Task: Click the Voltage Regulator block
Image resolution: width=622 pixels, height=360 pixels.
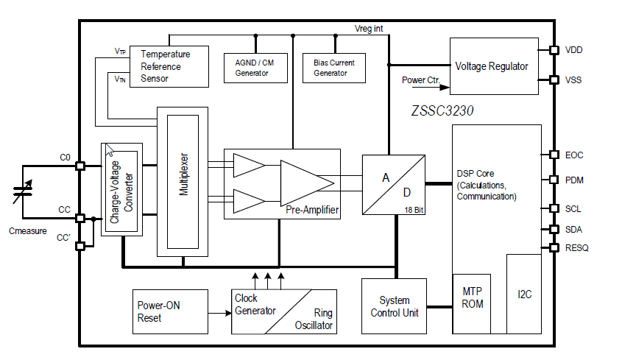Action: [x=491, y=66]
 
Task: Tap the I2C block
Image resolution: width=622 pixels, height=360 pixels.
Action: [x=524, y=294]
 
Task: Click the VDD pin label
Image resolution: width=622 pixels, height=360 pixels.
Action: [x=574, y=50]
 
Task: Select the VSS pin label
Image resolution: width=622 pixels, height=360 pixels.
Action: [x=573, y=80]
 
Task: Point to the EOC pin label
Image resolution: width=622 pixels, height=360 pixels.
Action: [x=574, y=155]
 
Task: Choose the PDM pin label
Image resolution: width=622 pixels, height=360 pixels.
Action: [x=574, y=180]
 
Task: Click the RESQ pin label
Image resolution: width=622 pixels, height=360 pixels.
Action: [x=577, y=248]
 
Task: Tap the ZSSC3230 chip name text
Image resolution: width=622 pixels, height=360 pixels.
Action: [x=442, y=112]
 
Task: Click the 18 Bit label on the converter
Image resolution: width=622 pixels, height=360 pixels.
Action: [x=413, y=210]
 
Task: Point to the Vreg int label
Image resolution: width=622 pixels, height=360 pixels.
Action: [x=368, y=28]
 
